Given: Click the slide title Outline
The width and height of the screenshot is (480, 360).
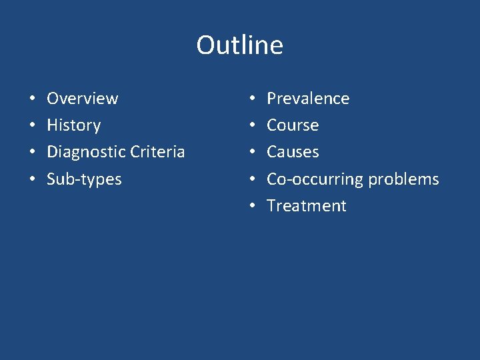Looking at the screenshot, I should tap(239, 45).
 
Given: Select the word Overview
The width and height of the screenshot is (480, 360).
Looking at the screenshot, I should tap(82, 99).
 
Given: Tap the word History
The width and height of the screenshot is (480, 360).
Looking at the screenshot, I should tap(73, 125).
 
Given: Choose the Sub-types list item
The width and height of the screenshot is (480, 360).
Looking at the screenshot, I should tap(84, 179).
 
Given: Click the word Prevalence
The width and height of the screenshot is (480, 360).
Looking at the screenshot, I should tap(307, 99).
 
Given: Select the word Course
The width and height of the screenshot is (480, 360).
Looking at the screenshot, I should tap(293, 125).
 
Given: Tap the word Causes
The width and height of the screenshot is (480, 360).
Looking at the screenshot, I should tap(293, 152).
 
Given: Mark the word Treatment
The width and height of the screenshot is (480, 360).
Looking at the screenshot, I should tap(306, 206).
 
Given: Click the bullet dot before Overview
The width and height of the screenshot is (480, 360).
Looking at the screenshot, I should tap(33, 99).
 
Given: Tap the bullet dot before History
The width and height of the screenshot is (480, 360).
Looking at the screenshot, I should tap(33, 126).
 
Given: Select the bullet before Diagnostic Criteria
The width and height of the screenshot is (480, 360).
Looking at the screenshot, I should tap(33, 153).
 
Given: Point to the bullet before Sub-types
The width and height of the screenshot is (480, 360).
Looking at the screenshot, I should tap(33, 180).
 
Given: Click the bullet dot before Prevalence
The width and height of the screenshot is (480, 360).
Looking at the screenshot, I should tap(253, 99).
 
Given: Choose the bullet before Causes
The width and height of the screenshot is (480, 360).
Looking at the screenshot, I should tap(253, 153).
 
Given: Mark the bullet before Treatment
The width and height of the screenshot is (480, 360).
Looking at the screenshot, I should tap(253, 207).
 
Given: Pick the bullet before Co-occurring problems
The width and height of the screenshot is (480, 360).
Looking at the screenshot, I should tap(253, 180).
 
